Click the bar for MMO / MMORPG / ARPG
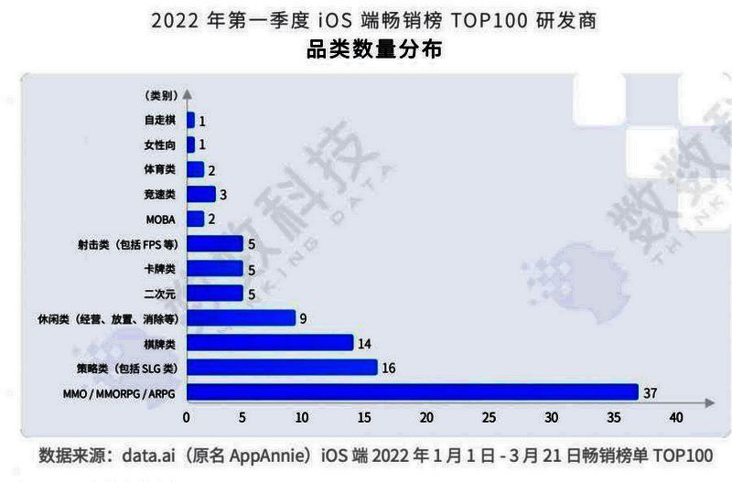[x=412, y=392]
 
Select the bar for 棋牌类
[x=270, y=342]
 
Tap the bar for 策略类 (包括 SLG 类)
[x=282, y=368]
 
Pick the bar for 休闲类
[x=241, y=317]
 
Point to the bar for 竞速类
[x=200, y=194]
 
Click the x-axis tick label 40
[x=676, y=418]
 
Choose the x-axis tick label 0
[x=187, y=418]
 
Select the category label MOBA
[x=161, y=220]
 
